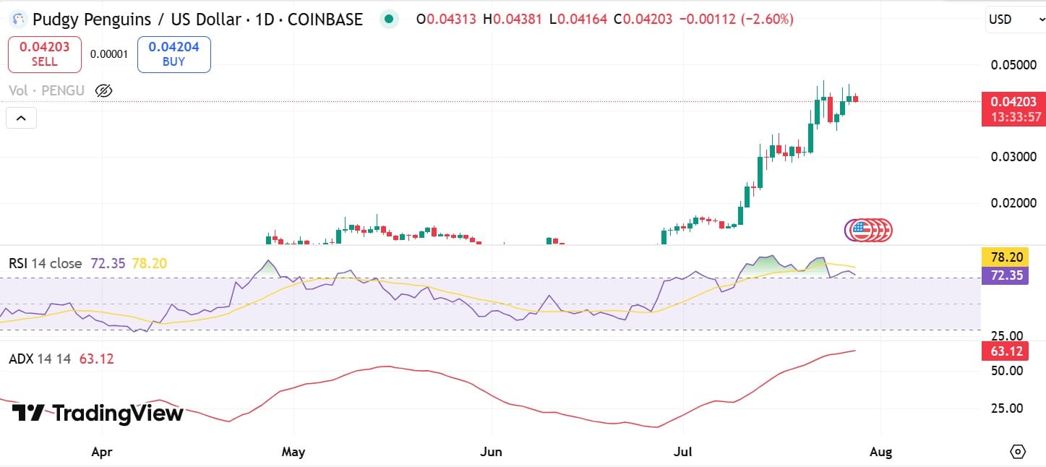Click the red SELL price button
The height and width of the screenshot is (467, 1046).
point(45,54)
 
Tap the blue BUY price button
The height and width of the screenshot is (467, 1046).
point(173,54)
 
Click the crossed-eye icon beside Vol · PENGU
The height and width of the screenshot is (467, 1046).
point(103,90)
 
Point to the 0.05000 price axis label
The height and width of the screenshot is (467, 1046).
point(1012,65)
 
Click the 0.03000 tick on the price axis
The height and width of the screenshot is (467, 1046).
point(1012,157)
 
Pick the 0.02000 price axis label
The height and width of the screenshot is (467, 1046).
point(1012,203)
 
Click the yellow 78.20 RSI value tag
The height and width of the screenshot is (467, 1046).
point(1005,257)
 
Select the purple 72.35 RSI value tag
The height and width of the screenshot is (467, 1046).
point(1005,275)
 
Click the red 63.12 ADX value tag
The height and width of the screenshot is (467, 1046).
point(1005,352)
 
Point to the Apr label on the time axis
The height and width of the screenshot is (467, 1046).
point(102,453)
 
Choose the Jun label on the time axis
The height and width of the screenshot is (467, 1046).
point(491,453)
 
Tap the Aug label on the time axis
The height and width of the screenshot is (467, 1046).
point(880,453)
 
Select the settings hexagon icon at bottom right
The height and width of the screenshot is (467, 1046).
point(1017,452)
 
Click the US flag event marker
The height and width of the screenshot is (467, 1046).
point(860,231)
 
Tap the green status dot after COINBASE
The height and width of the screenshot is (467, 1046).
point(390,20)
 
